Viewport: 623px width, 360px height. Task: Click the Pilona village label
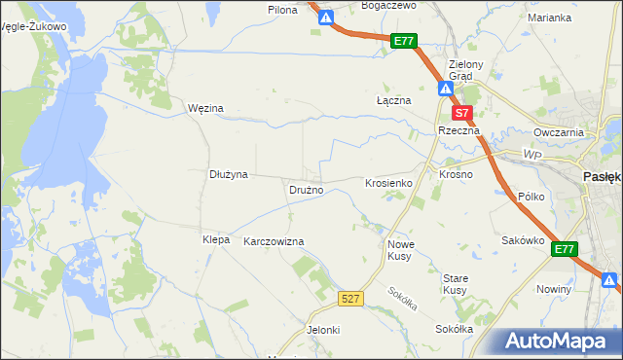tap(281, 9)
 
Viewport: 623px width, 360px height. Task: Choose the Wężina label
tap(205, 108)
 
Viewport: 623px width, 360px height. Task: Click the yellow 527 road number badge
tap(352, 299)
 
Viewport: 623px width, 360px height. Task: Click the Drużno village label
tap(306, 190)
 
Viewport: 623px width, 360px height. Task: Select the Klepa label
tap(215, 239)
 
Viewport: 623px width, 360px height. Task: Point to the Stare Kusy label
tap(455, 284)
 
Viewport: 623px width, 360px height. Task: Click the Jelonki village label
tap(323, 330)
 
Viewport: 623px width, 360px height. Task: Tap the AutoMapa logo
tap(558, 342)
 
